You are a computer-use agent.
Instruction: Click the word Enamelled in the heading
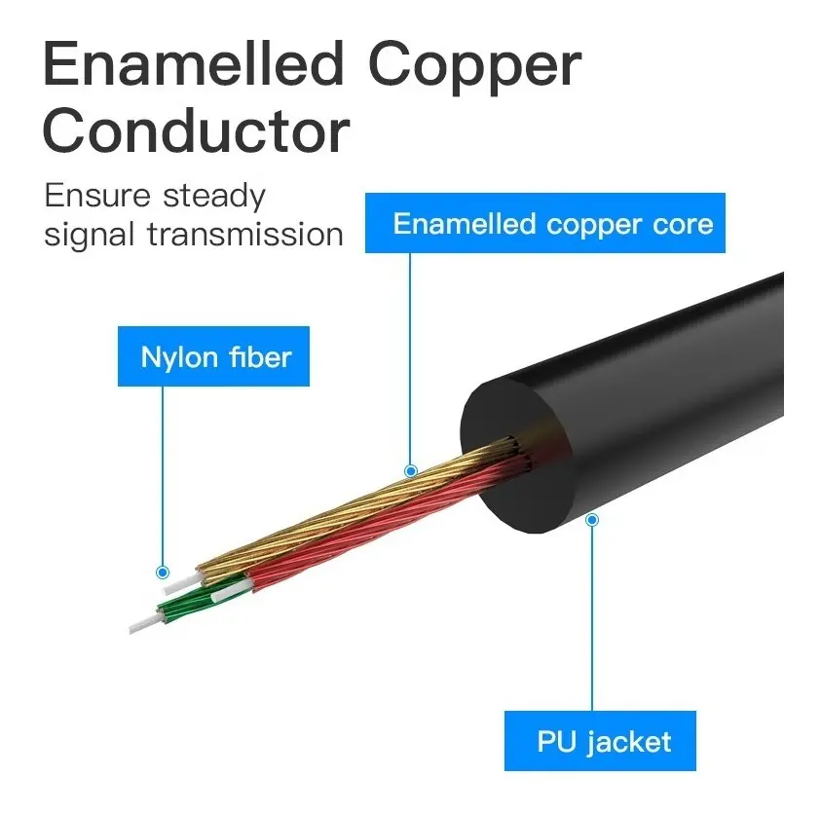pyautogui.click(x=193, y=64)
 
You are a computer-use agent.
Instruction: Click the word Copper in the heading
pyautogui.click(x=475, y=68)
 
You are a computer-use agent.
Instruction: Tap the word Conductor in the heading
pyautogui.click(x=196, y=129)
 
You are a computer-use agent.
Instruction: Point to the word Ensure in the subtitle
pyautogui.click(x=97, y=196)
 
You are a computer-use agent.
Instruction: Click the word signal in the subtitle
pyautogui.click(x=90, y=235)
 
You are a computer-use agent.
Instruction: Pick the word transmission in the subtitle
pyautogui.click(x=245, y=234)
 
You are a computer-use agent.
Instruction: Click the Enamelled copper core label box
pyautogui.click(x=545, y=223)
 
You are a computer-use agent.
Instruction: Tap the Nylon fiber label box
pyautogui.click(x=213, y=356)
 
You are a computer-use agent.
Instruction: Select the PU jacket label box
pyautogui.click(x=600, y=741)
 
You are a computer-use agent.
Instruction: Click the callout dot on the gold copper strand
pyautogui.click(x=411, y=470)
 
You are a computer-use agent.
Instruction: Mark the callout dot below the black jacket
pyautogui.click(x=592, y=520)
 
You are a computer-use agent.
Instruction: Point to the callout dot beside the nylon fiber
pyautogui.click(x=163, y=572)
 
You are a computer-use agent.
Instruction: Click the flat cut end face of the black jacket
pyautogui.click(x=516, y=457)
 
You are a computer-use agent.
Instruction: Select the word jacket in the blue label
pyautogui.click(x=629, y=743)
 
